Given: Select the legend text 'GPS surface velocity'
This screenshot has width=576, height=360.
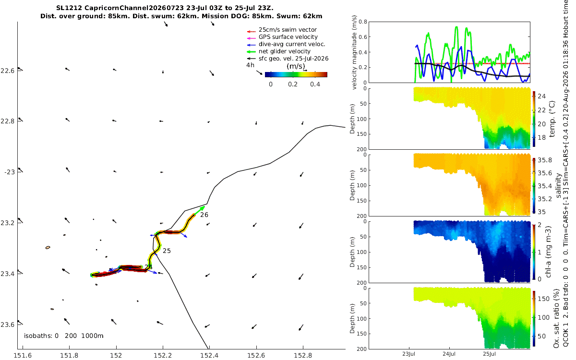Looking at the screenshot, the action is pyautogui.click(x=288, y=37).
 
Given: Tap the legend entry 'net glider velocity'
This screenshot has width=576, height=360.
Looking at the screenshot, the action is pyautogui.click(x=284, y=51).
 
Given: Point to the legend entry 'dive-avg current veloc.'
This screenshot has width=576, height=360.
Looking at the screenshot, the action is pyautogui.click(x=292, y=44).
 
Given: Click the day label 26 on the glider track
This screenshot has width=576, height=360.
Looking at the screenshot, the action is pyautogui.click(x=204, y=215).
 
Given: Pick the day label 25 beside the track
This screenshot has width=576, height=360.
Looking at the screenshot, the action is pyautogui.click(x=167, y=251).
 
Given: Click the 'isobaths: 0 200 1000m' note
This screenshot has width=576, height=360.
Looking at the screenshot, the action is pyautogui.click(x=63, y=336).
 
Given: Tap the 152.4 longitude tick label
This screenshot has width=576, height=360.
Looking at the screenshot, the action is pyautogui.click(x=209, y=355).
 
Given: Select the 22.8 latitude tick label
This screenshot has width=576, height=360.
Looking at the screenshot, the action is pyautogui.click(x=8, y=121).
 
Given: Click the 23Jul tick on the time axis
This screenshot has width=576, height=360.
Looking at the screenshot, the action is pyautogui.click(x=408, y=354).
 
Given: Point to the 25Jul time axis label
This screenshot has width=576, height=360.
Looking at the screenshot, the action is pyautogui.click(x=489, y=354).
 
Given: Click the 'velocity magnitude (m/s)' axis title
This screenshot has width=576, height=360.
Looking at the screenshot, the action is pyautogui.click(x=354, y=52).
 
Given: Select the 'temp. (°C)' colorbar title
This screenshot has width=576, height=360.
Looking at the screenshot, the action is pyautogui.click(x=552, y=119).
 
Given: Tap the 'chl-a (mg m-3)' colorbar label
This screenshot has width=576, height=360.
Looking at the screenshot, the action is pyautogui.click(x=548, y=252).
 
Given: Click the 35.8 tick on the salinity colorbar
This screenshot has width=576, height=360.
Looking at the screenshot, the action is pyautogui.click(x=545, y=160).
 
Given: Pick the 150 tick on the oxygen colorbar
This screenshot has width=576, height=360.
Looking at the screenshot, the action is pyautogui.click(x=543, y=299).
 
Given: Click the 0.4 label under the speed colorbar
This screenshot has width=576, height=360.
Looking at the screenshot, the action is pyautogui.click(x=315, y=84).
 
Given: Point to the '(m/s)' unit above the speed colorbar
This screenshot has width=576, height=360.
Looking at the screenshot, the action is pyautogui.click(x=296, y=66).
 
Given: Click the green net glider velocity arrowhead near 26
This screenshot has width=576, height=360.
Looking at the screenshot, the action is pyautogui.click(x=203, y=207).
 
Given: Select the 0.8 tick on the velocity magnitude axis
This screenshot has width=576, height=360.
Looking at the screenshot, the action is pyautogui.click(x=363, y=22).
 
